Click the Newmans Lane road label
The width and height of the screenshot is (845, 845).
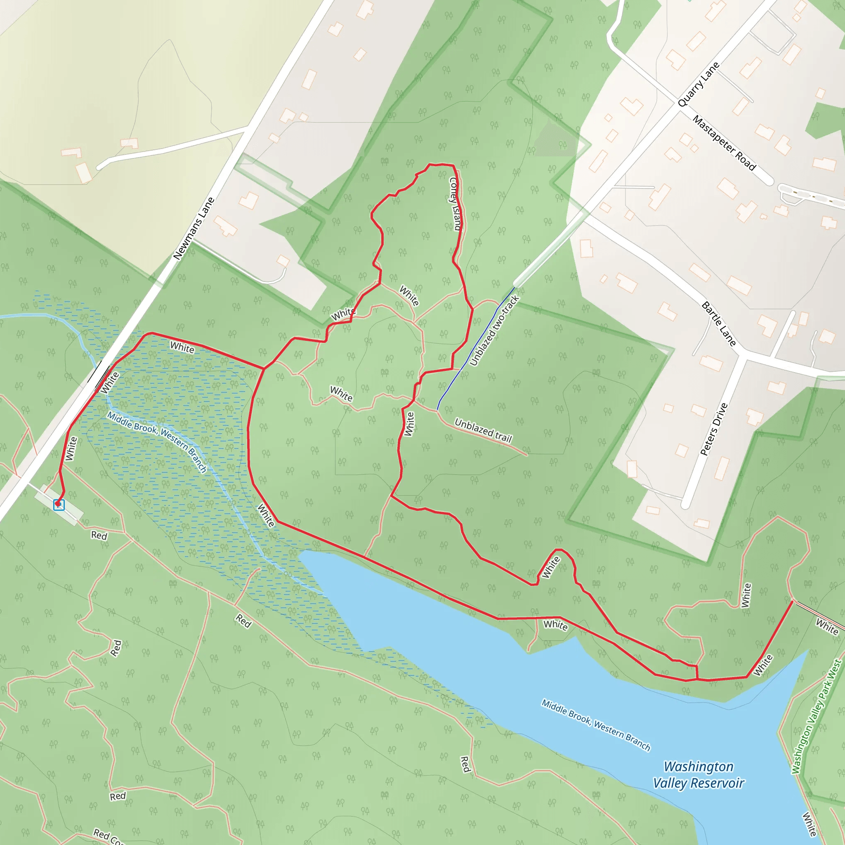[x=194, y=228]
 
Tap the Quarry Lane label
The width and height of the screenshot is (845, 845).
[x=698, y=85]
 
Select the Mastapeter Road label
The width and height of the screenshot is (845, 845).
[x=724, y=143]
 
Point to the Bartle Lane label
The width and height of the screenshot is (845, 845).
[x=719, y=323]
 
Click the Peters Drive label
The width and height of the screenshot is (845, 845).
[x=714, y=429]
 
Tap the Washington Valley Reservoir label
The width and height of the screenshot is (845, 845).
[x=699, y=774]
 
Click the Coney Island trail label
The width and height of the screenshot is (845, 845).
[x=456, y=203]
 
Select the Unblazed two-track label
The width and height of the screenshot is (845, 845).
[x=494, y=330]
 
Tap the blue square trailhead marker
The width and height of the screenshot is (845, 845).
[x=59, y=505]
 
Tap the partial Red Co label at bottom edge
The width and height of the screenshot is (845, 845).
[x=108, y=836]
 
